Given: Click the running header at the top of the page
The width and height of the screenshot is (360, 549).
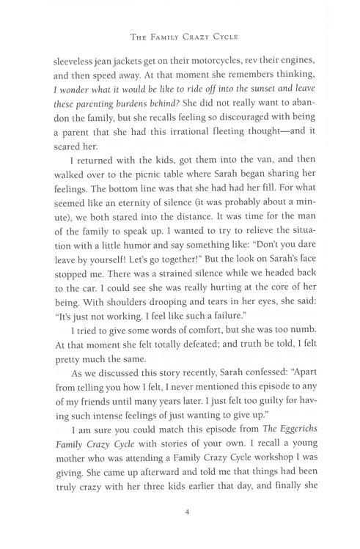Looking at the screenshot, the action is pos(180,37).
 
